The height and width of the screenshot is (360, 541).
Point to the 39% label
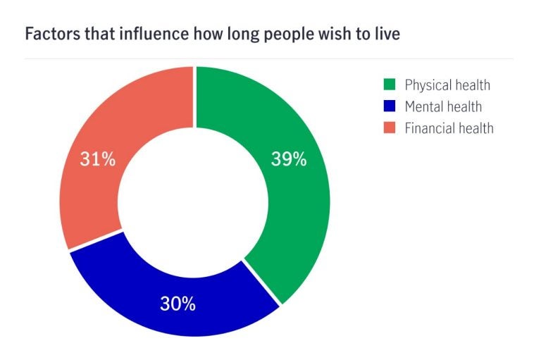pos(289,159)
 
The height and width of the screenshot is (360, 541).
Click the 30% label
pos(178,304)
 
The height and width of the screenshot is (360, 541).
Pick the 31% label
pos(97,159)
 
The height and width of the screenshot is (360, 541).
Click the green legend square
pos(388,86)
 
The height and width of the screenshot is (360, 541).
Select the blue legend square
pos(388,107)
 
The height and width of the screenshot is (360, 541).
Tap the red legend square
pos(388,128)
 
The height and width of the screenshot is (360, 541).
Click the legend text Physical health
pos(447,86)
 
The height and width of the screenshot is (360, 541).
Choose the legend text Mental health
pos(443,107)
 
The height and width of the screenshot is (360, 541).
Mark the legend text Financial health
pos(449,128)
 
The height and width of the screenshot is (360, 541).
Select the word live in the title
pos(386,34)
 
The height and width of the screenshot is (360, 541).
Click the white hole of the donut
pos(194,201)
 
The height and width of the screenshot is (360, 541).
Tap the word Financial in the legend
pos(430,128)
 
